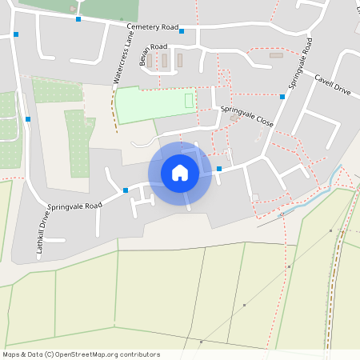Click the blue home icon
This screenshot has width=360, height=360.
coord(180,173)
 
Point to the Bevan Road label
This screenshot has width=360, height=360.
coord(147,49)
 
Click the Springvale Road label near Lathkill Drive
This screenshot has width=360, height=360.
coord(75,206)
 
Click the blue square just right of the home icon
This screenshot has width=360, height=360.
coord(219,168)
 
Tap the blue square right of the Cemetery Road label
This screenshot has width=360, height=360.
coord(182,31)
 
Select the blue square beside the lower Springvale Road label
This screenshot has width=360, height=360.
coord(126,190)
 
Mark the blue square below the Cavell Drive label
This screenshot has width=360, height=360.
coord(282,96)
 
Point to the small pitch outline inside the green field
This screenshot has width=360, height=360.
coord(190,100)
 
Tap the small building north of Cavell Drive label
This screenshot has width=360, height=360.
coord(276,55)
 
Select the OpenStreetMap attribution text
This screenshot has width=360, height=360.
coord(81,354)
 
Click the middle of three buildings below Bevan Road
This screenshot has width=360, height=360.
coord(165,60)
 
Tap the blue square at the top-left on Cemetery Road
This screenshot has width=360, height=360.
coord(16,34)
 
